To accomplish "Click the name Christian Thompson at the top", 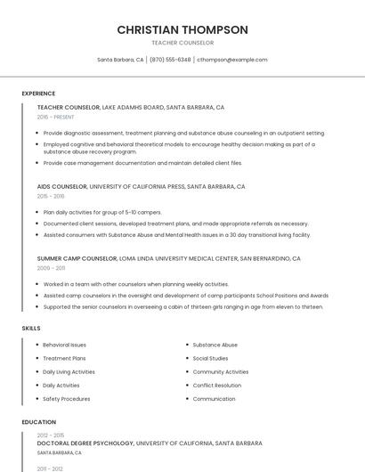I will click(182, 29).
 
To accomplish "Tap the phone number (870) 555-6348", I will click(170, 60).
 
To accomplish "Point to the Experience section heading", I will click(38, 94).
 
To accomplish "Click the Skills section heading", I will click(31, 329).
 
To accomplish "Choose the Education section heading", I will click(38, 422).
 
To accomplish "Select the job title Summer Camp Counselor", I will click(77, 258).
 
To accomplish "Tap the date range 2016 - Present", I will click(55, 117).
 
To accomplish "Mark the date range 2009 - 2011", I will click(51, 268).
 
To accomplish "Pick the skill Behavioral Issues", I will click(65, 345).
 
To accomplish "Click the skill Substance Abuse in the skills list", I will click(215, 345).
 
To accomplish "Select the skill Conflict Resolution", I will click(217, 386).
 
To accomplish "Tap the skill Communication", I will click(215, 399).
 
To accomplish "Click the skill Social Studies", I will click(211, 358).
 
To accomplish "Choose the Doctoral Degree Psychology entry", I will click(85, 443).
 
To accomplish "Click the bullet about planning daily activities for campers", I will click(102, 212).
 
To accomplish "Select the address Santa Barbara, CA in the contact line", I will click(120, 60).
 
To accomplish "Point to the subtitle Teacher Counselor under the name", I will click(182, 43).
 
